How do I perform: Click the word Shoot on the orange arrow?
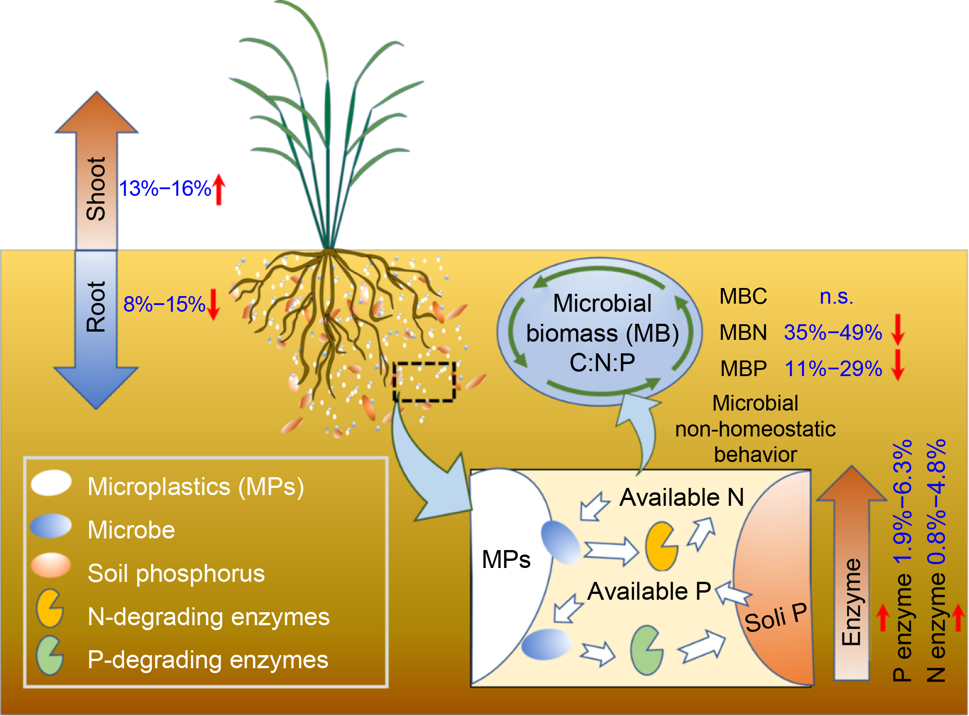[x=96, y=189]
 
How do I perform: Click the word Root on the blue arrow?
[x=96, y=307]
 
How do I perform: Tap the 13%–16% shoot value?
[x=165, y=189]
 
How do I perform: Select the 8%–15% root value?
[x=164, y=305]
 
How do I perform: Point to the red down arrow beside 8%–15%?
[x=214, y=305]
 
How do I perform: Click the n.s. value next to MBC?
[x=836, y=297]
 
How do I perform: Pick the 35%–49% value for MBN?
[x=833, y=333]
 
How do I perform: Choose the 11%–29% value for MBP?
[x=833, y=369]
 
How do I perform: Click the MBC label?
[x=743, y=297]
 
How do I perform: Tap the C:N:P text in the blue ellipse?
[x=602, y=363]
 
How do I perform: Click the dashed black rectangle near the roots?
[x=424, y=382]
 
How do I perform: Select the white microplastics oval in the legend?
[x=51, y=483]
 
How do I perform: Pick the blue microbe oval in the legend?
[x=51, y=526]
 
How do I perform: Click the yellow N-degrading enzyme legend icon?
[x=50, y=608]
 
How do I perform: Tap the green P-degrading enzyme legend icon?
[x=50, y=656]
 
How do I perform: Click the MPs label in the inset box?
[x=506, y=559]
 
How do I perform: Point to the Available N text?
[x=681, y=497]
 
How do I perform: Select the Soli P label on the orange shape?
[x=776, y=618]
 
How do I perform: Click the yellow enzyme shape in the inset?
[x=661, y=546]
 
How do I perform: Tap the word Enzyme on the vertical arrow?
[x=851, y=602]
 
